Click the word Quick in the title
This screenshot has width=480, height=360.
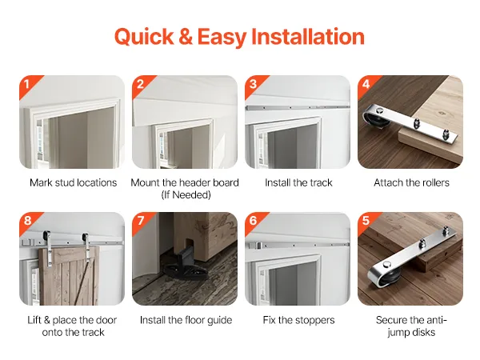pos(144,37)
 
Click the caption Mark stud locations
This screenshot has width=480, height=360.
pos(73,182)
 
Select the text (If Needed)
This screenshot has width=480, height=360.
pos(186,194)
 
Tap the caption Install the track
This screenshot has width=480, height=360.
pos(298,182)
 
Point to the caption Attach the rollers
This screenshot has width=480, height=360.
pos(411,182)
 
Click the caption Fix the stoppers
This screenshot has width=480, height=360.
pos(298,320)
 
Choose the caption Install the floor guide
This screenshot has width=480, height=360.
pos(186,320)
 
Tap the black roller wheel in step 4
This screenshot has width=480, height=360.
pos(378,120)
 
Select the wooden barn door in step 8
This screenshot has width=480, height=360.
pos(70,276)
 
